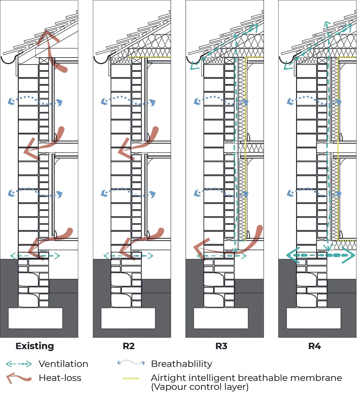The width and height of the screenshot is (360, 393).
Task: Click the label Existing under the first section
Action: click(x=35, y=346)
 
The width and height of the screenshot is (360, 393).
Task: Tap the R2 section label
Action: click(x=128, y=346)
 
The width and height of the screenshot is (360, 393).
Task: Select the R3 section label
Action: click(x=221, y=346)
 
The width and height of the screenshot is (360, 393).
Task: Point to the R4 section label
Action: click(x=315, y=346)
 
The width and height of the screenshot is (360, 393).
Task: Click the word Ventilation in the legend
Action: click(x=63, y=364)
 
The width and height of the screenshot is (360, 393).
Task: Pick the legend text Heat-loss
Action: click(x=60, y=378)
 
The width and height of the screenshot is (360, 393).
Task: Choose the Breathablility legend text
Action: click(x=181, y=364)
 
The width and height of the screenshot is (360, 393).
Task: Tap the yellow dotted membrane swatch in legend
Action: click(x=131, y=378)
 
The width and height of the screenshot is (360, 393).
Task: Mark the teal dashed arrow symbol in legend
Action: click(x=19, y=364)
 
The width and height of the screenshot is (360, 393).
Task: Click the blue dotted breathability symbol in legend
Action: click(x=131, y=362)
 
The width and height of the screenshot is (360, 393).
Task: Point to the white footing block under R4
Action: click(x=314, y=318)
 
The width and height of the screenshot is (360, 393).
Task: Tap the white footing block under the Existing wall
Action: click(x=35, y=318)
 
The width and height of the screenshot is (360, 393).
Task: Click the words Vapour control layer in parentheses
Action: click(x=200, y=387)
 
